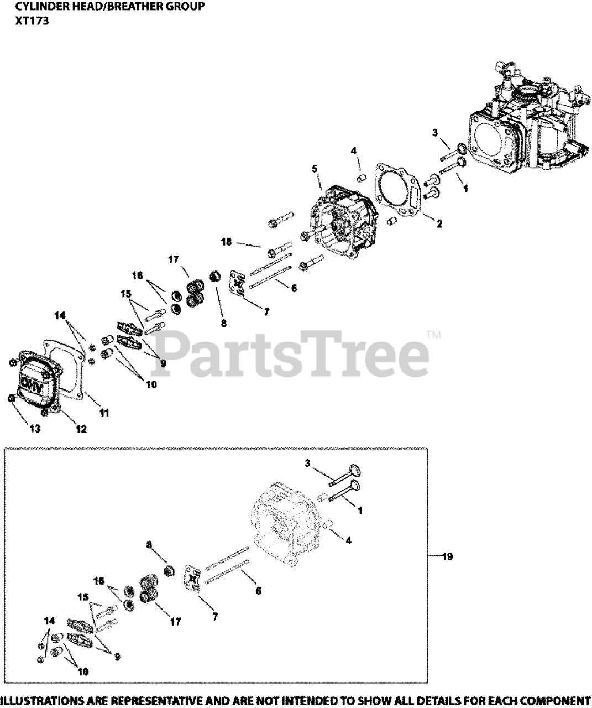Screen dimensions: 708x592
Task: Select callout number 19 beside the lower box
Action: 447,556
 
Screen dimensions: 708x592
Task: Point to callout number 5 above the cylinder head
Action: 316,168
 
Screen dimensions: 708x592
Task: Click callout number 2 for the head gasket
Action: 439,224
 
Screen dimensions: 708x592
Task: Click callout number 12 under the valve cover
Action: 81,429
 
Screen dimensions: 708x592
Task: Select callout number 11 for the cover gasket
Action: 104,412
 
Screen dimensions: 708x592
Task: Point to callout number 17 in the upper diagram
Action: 174,258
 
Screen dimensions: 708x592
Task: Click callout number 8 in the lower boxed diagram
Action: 149,544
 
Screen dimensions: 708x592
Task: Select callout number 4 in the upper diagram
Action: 354,150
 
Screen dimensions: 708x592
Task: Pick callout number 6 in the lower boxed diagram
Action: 258,591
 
